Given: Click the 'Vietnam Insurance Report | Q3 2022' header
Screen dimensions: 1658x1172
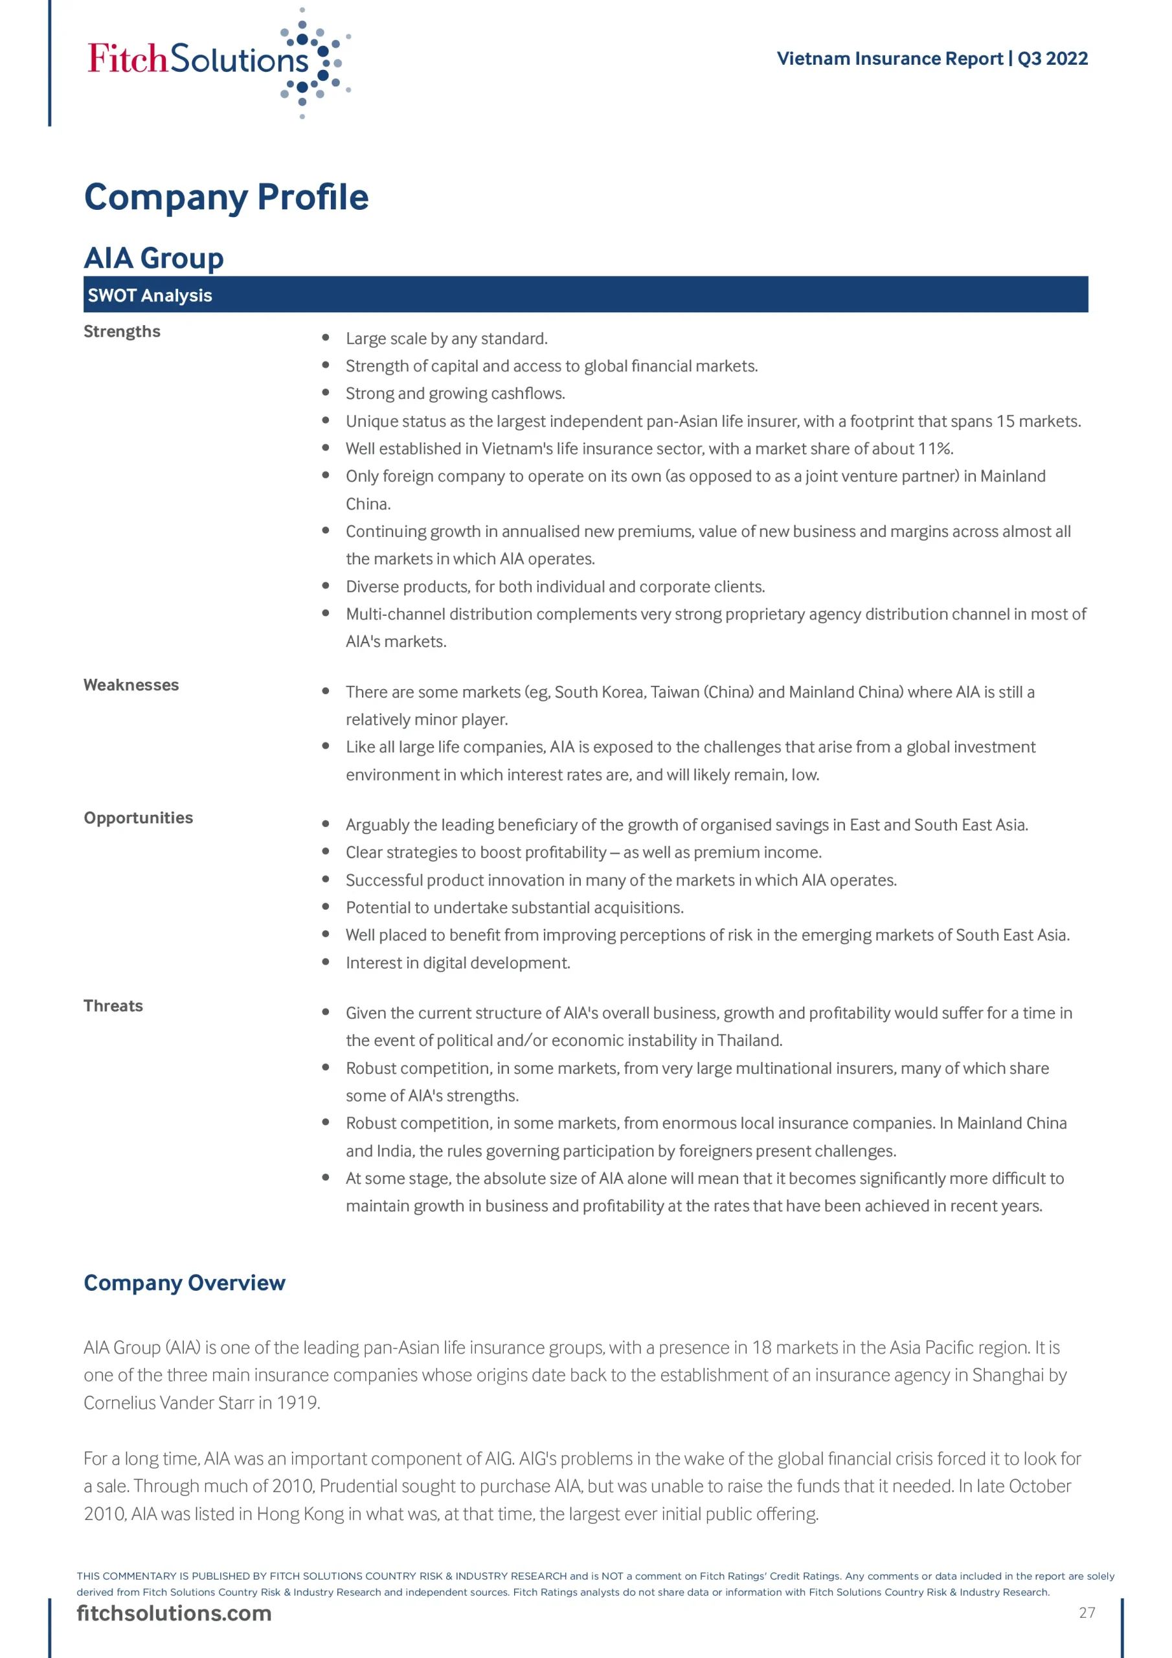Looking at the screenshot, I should [x=932, y=58].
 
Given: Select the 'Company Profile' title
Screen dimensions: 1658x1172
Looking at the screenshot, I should [x=226, y=197].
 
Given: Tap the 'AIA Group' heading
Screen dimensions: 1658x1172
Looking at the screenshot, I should [x=154, y=258].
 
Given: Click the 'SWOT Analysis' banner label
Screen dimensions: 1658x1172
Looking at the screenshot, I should [x=150, y=295].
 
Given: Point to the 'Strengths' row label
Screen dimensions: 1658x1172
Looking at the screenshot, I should [x=122, y=332].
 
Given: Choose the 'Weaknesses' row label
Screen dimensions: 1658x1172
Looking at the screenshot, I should [x=131, y=685].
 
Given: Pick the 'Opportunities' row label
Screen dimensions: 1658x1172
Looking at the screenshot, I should [x=139, y=817].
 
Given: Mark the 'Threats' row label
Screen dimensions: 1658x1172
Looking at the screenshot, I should [x=113, y=1006].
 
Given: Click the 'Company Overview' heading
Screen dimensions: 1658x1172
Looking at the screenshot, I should [x=185, y=1282].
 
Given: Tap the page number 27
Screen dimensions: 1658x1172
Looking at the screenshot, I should [x=1087, y=1613].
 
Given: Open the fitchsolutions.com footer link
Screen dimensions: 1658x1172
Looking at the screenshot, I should [x=174, y=1613].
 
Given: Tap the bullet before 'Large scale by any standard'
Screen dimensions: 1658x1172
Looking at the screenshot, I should [x=326, y=337].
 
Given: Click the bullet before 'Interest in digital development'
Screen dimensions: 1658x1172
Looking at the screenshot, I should [x=326, y=962].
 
